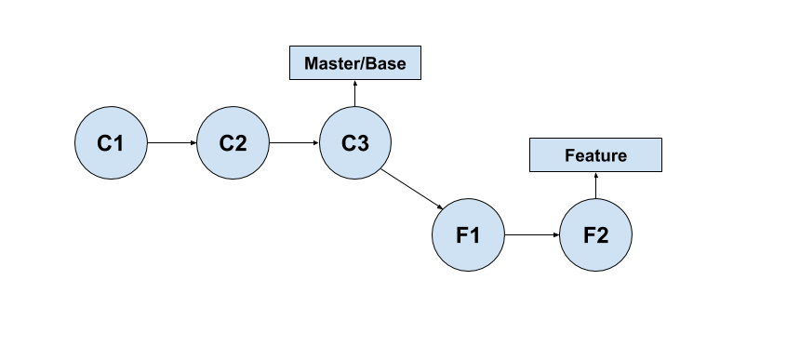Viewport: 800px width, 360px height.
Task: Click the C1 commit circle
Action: pyautogui.click(x=111, y=143)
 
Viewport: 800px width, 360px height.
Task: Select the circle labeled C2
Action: pyautogui.click(x=233, y=143)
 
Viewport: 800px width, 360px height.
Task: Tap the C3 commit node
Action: pyautogui.click(x=355, y=143)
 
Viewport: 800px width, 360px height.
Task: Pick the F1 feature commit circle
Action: pyautogui.click(x=468, y=234)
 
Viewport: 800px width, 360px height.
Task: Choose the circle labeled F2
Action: pyautogui.click(x=595, y=234)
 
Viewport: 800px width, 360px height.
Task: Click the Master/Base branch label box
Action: pyautogui.click(x=355, y=63)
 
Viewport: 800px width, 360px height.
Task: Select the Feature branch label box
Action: pyautogui.click(x=595, y=155)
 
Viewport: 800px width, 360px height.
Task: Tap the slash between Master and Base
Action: pyautogui.click(x=362, y=63)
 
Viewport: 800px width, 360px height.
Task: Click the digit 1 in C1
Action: pyautogui.click(x=118, y=143)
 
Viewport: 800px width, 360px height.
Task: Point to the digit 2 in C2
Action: pyautogui.click(x=240, y=143)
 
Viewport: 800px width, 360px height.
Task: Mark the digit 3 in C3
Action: pyautogui.click(x=363, y=143)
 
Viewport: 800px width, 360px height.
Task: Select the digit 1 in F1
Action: pyautogui.click(x=475, y=234)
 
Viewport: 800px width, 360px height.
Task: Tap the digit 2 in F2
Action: pyautogui.click(x=603, y=234)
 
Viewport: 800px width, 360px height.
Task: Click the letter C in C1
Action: pyautogui.click(x=104, y=143)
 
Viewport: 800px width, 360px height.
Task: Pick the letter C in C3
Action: pyautogui.click(x=348, y=143)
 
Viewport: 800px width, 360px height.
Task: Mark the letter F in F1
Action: pyautogui.click(x=461, y=234)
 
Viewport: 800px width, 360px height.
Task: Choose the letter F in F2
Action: pyautogui.click(x=589, y=234)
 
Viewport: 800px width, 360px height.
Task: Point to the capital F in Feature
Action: pyautogui.click(x=569, y=155)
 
